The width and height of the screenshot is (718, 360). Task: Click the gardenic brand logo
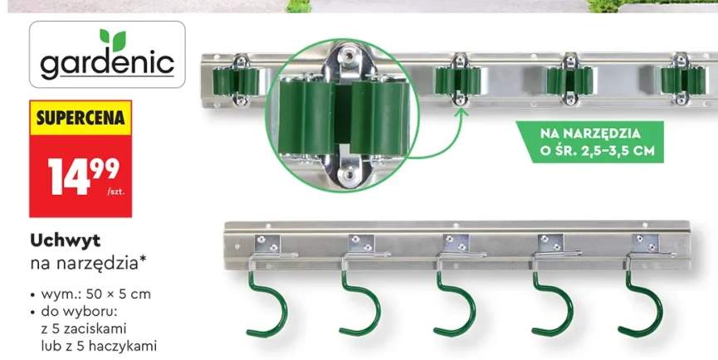pos(107,55)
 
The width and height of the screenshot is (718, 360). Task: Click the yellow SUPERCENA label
pos(81,118)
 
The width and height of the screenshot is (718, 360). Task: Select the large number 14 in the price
pos(70,177)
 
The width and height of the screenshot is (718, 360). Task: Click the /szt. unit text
pos(116,192)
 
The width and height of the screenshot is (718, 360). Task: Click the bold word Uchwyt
pos(65,241)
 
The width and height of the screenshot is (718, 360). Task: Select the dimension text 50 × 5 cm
pos(121,294)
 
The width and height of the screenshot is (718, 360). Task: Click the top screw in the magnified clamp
pos(349,56)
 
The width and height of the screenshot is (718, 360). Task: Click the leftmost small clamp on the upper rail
pos(237,81)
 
